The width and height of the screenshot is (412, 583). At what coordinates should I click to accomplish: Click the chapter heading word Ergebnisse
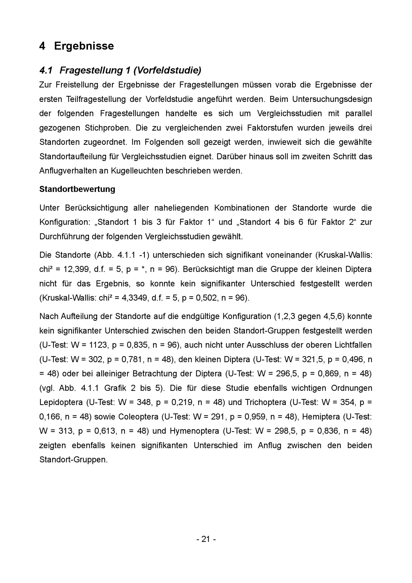(x=84, y=46)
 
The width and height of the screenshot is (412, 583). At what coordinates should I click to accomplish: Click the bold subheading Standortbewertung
(x=77, y=189)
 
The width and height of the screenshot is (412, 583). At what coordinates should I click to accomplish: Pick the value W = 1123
(x=87, y=345)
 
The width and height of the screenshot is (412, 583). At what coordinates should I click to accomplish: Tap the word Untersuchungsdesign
(x=332, y=99)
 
